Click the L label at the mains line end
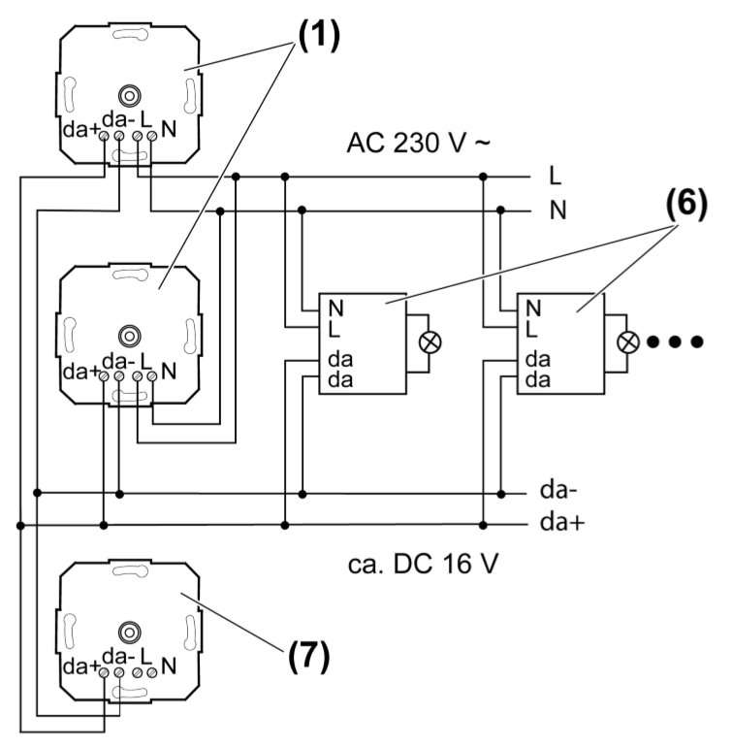click(556, 178)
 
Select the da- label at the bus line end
click(558, 491)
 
